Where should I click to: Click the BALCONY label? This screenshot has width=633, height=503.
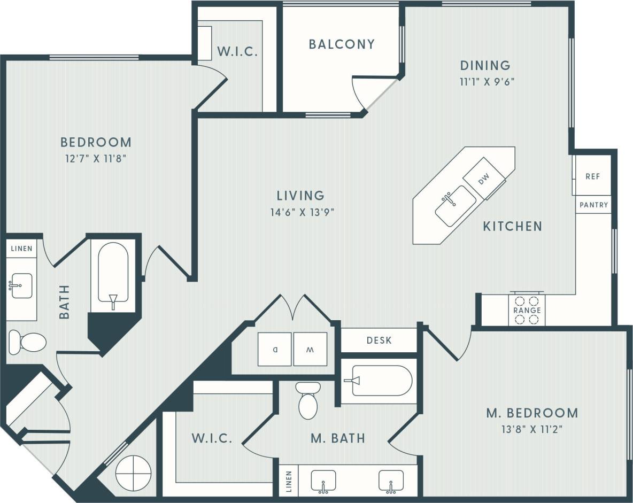tap(342, 44)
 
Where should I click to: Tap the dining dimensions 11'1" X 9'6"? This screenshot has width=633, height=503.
tap(485, 82)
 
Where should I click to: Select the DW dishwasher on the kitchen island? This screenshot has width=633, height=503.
tap(483, 179)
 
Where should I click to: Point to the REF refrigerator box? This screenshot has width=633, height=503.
tap(592, 176)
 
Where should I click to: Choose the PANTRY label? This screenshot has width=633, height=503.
tap(593, 205)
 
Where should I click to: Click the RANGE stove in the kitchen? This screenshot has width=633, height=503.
tap(527, 310)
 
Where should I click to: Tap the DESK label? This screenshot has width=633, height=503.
tap(379, 340)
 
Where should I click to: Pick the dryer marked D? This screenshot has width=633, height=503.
tap(275, 349)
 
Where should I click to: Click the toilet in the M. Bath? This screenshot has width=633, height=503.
tap(308, 401)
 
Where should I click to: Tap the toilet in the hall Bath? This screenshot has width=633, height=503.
tap(27, 342)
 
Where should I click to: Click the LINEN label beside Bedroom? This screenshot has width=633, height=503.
tap(21, 249)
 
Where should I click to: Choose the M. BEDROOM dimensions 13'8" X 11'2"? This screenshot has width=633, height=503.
tap(532, 428)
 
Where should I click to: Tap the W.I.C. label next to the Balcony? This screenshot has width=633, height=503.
tap(237, 52)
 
